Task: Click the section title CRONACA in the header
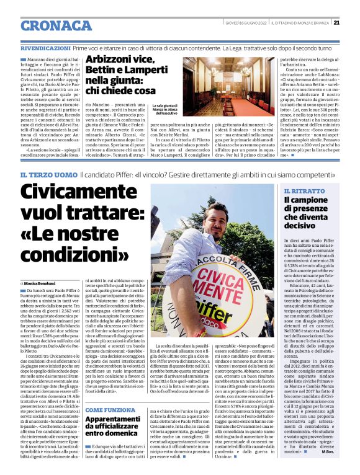pos(56,25)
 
